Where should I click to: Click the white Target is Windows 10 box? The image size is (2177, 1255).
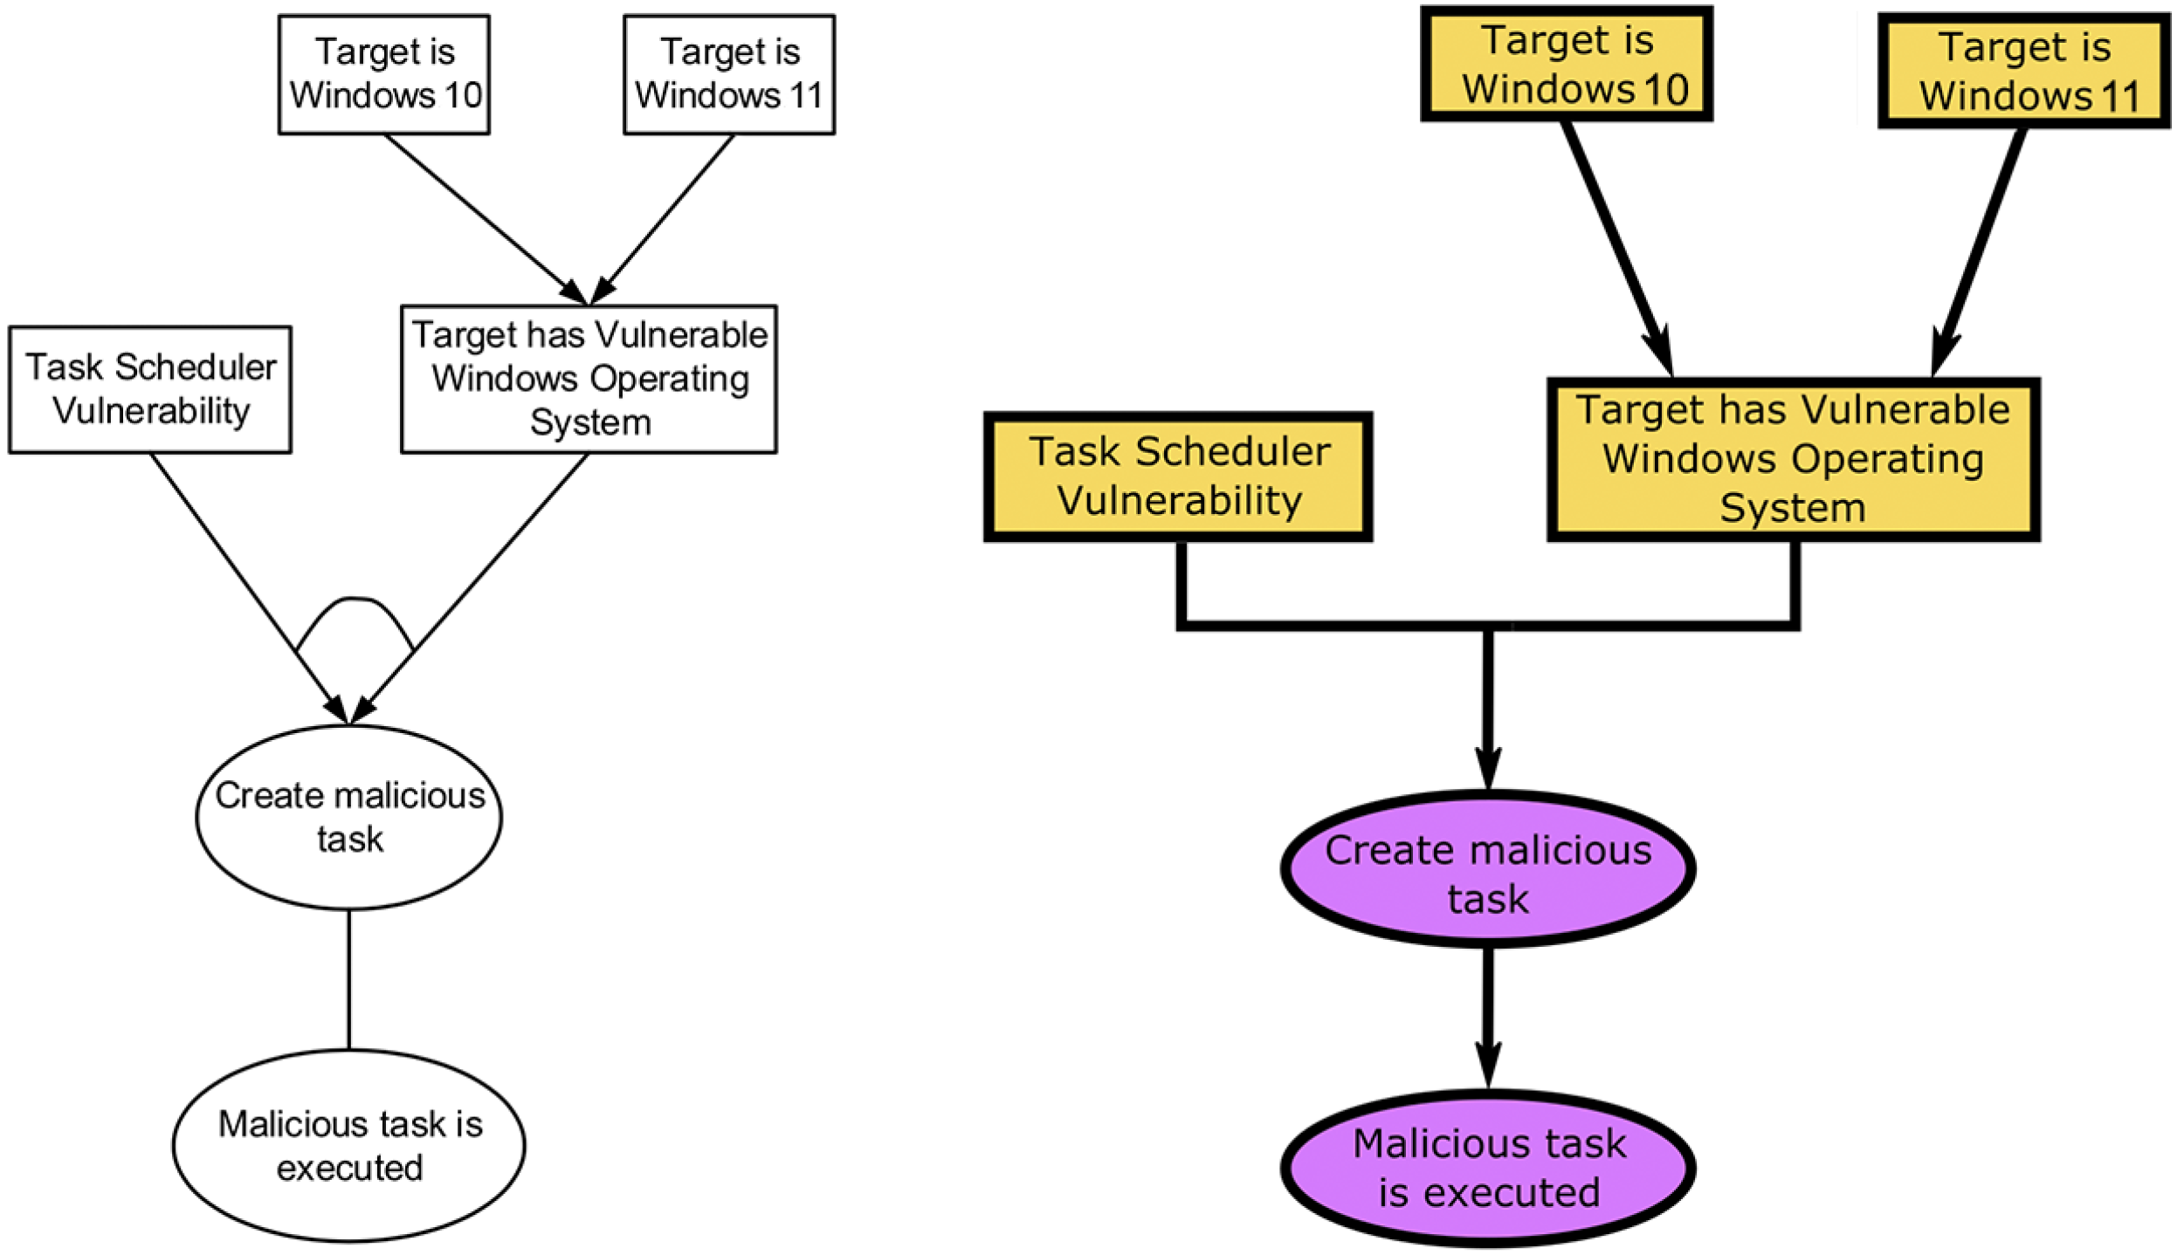point(383,74)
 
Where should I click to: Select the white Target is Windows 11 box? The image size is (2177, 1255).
point(728,74)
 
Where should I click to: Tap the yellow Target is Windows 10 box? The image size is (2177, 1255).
point(1566,65)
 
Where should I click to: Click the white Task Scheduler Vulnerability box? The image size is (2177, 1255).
point(150,389)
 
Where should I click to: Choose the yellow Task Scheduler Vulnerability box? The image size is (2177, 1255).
point(1178,477)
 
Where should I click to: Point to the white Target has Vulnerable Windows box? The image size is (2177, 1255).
point(589,379)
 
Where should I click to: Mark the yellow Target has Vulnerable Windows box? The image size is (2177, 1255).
point(1793,459)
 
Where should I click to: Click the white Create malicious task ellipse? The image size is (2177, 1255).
point(349,817)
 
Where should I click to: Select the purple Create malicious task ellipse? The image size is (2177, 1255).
point(1487,874)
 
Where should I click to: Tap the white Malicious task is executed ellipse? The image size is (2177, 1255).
point(349,1145)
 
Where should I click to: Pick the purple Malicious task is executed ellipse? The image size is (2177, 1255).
point(1487,1167)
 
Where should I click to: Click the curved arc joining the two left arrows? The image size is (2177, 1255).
point(354,600)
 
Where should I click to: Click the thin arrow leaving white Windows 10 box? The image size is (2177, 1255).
point(480,214)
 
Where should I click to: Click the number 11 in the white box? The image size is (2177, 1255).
point(805,95)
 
